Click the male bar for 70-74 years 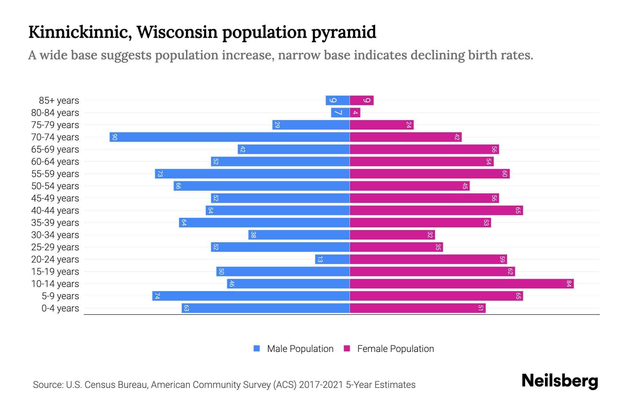click(x=230, y=137)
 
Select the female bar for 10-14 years click(x=461, y=284)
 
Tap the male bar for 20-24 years click(x=332, y=259)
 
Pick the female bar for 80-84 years click(x=355, y=112)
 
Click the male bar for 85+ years click(x=337, y=100)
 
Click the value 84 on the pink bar click(x=569, y=284)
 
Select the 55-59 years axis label click(x=55, y=174)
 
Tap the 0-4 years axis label click(x=60, y=308)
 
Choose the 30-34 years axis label click(x=55, y=235)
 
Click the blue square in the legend click(x=257, y=348)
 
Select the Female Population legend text click(x=395, y=348)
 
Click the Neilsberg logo click(x=560, y=381)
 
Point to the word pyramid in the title click(x=343, y=32)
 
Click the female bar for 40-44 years click(x=436, y=210)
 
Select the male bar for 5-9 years click(x=251, y=296)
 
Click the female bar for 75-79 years click(x=381, y=125)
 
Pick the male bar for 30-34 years click(x=299, y=235)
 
